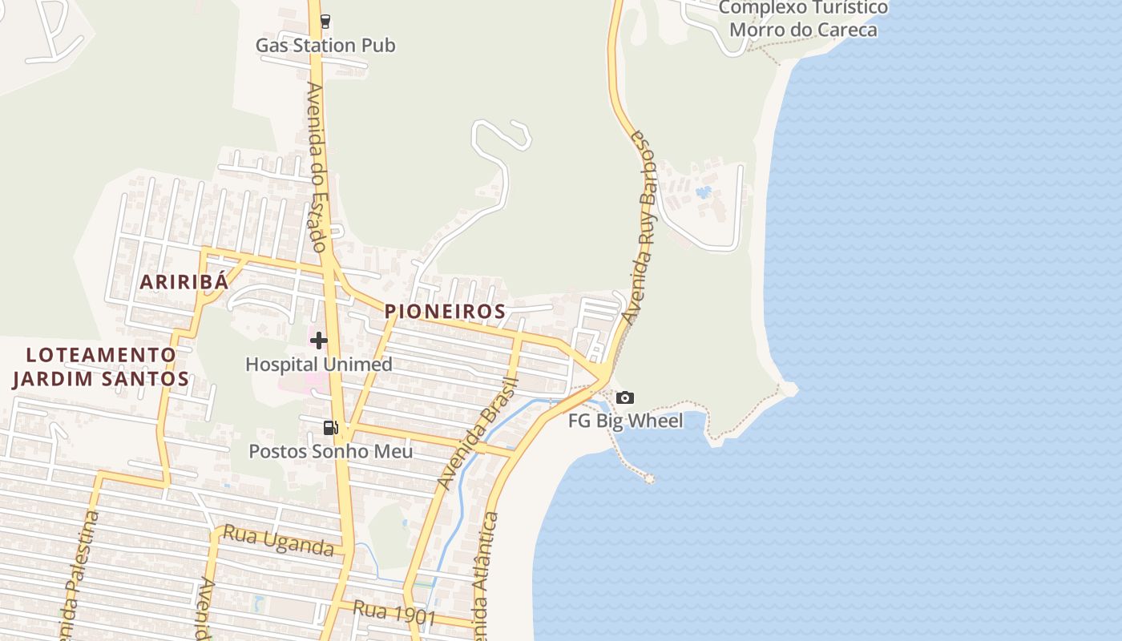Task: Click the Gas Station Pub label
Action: point(325,45)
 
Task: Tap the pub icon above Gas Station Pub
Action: point(325,22)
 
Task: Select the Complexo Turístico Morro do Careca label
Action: point(803,19)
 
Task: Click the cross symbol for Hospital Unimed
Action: point(319,341)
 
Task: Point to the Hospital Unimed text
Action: point(319,365)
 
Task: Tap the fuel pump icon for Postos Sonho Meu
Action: point(330,428)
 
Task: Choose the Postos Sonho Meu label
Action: point(331,451)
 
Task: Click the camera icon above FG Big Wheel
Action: point(625,397)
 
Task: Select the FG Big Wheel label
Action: point(626,421)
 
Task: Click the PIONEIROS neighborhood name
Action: point(445,311)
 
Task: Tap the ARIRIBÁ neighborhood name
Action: point(184,282)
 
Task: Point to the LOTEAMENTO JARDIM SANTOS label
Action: point(100,367)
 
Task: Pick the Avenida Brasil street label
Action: point(478,433)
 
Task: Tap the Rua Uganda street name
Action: point(278,540)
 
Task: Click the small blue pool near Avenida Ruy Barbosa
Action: point(704,192)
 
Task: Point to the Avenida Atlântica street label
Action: point(486,577)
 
